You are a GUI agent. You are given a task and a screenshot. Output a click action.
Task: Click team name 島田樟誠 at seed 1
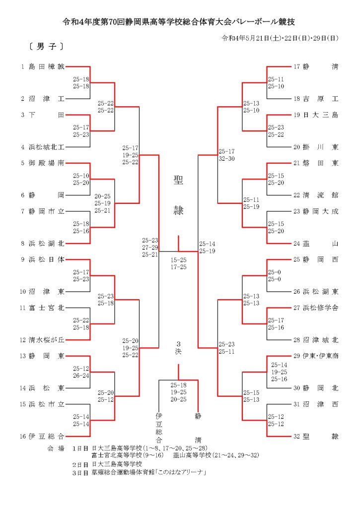[47, 66]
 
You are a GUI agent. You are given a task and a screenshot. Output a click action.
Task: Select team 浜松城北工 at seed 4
[47, 147]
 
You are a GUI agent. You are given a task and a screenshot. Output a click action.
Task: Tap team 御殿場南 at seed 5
[47, 163]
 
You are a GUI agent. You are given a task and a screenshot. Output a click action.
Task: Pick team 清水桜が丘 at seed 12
[47, 340]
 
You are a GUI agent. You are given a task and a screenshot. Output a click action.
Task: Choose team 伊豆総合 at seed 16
[47, 436]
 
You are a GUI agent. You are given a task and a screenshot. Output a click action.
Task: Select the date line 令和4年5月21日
[280, 38]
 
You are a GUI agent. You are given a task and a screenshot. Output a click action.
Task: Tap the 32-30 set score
[226, 159]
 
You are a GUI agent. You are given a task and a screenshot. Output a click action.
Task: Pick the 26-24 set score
[81, 376]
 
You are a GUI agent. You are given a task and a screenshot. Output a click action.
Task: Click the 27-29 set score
[150, 247]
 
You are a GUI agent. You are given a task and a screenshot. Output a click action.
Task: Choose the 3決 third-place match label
[178, 348]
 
